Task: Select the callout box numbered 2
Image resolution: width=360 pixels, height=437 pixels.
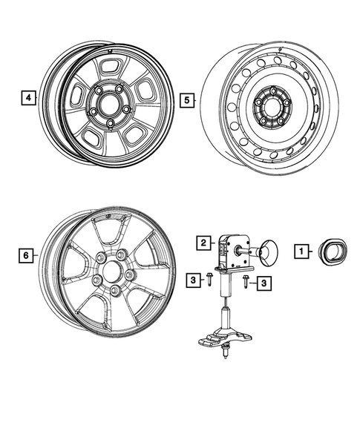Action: (x=201, y=242)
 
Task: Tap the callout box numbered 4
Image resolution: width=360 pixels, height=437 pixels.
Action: (x=27, y=97)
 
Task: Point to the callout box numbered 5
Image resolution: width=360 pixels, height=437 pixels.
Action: (x=188, y=97)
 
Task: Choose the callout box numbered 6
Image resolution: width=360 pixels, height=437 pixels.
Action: (x=25, y=255)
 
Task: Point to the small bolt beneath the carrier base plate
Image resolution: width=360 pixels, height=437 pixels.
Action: (x=223, y=357)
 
